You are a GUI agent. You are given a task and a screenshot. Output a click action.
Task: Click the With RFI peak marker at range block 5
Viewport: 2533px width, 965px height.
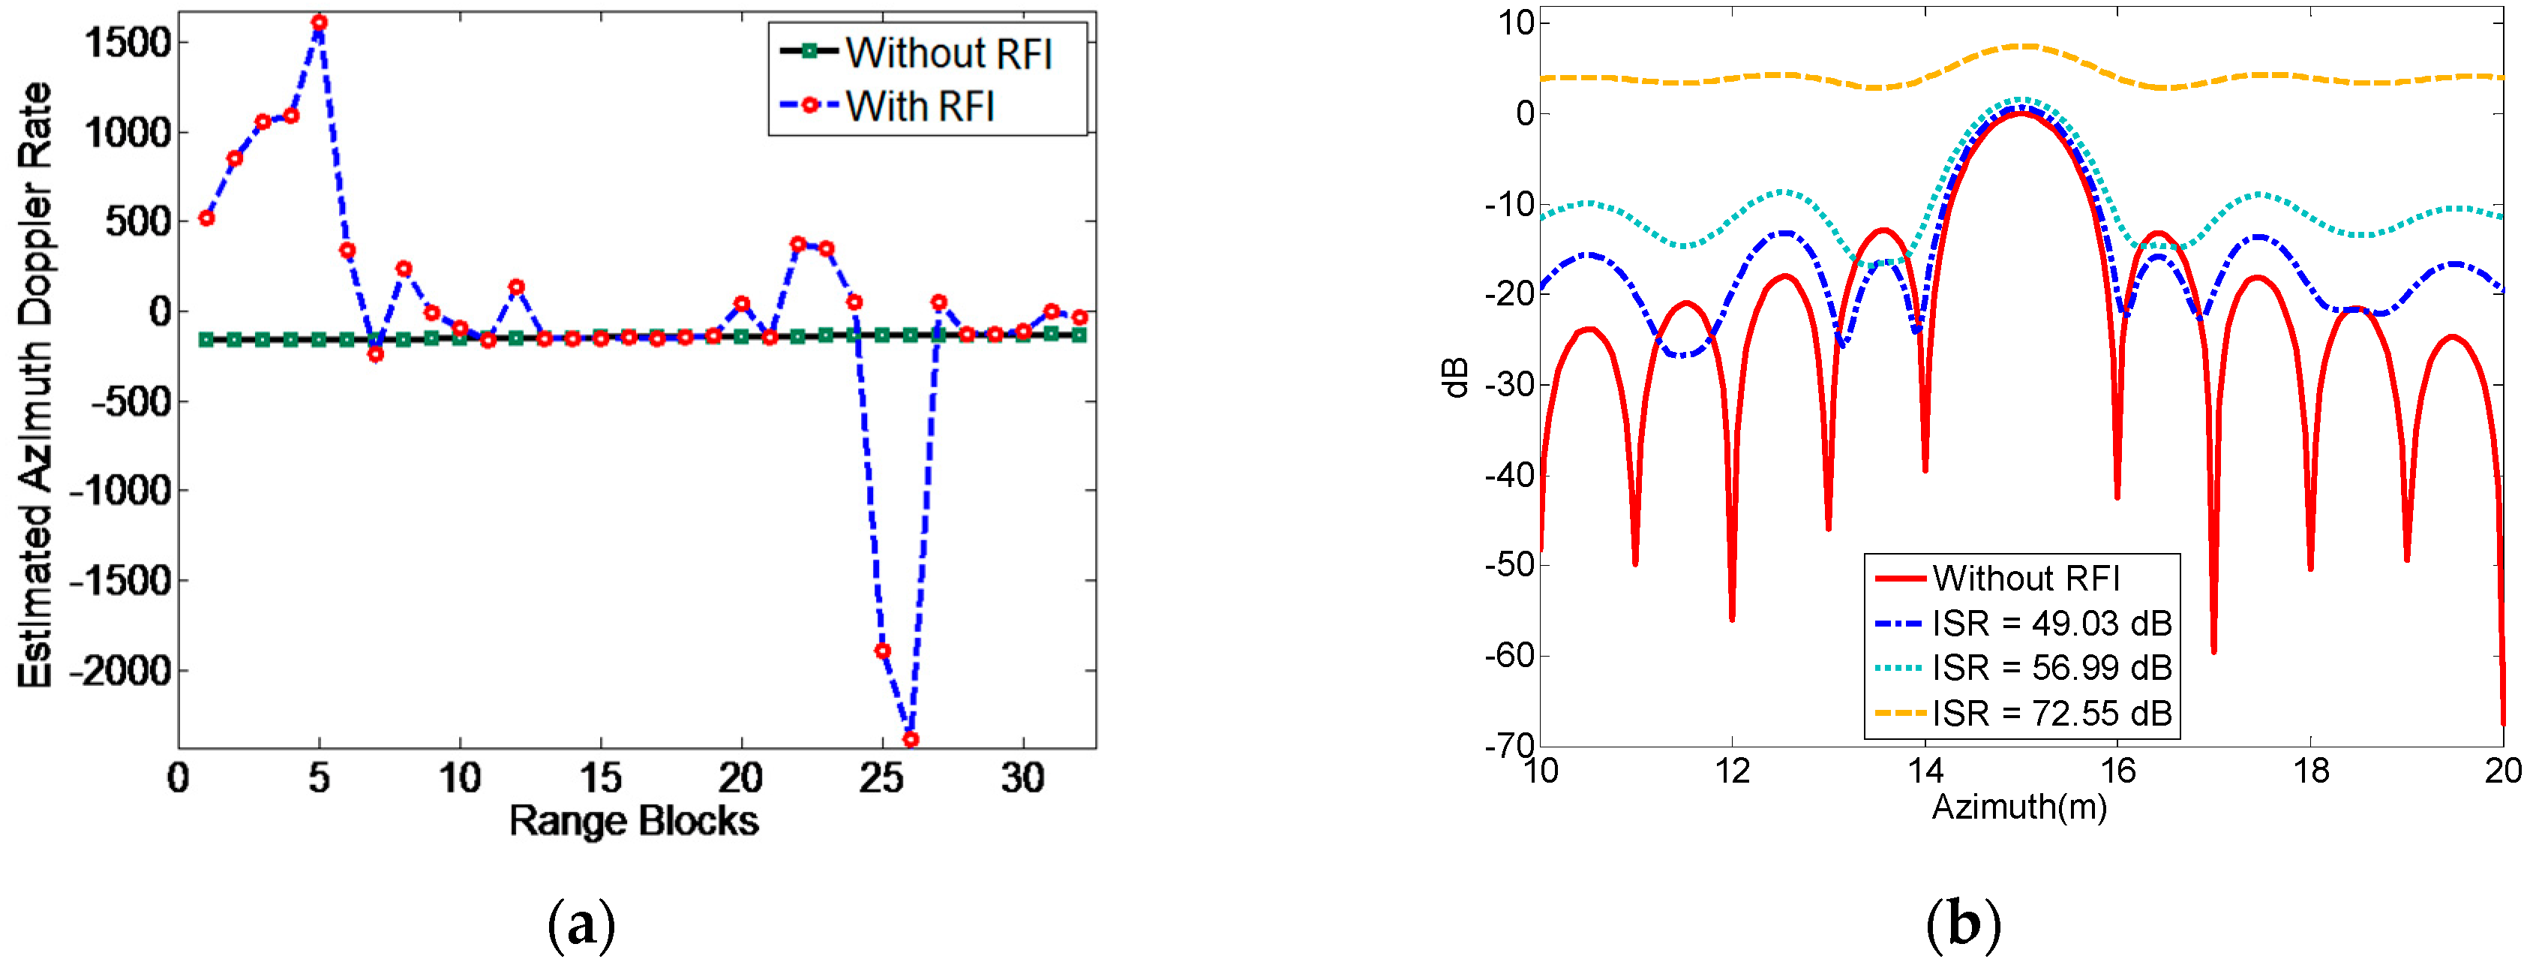click(x=319, y=22)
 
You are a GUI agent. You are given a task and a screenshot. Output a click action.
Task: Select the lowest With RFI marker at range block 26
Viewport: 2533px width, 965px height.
click(x=911, y=738)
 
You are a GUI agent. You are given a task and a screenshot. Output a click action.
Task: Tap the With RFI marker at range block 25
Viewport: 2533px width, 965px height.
click(x=882, y=651)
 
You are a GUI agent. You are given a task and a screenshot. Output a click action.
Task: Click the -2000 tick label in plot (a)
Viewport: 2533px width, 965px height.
click(x=120, y=671)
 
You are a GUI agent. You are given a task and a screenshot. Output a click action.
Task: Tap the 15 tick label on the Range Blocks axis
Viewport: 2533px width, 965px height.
click(x=600, y=779)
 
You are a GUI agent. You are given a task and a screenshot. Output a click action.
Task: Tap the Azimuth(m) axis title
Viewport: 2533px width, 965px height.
click(x=2018, y=807)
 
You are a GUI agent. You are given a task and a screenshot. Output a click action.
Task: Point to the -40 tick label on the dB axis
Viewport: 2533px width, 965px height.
click(x=1509, y=475)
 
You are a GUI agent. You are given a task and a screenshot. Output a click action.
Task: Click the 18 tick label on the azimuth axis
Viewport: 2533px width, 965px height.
click(x=2311, y=771)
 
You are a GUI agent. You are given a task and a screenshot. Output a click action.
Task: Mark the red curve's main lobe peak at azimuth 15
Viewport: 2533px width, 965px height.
click(x=2021, y=113)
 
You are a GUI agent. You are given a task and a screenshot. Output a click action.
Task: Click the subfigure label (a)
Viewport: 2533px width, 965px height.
click(x=582, y=924)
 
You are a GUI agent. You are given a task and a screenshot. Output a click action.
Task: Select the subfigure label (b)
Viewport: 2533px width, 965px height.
click(x=1963, y=924)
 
